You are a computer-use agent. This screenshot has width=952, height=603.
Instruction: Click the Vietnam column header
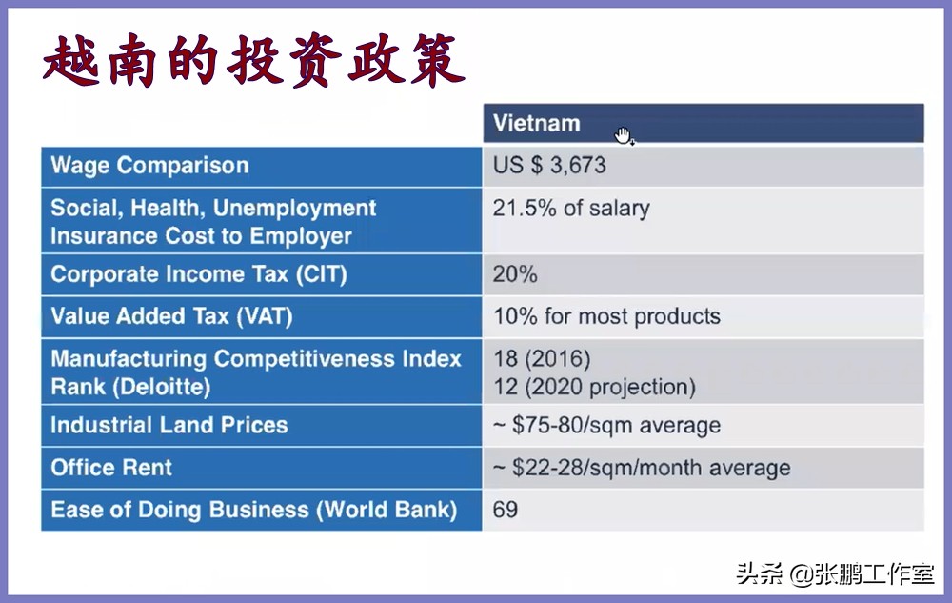(x=536, y=124)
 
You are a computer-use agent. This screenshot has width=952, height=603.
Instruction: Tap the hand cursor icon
(x=624, y=135)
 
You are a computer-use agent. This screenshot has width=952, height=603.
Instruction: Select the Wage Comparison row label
(x=149, y=166)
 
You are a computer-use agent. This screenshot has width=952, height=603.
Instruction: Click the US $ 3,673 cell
(x=549, y=166)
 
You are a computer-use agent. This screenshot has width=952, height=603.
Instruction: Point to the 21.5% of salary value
(x=571, y=209)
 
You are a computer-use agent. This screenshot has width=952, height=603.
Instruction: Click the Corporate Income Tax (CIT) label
(x=198, y=274)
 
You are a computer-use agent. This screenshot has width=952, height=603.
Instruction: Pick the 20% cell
(x=515, y=274)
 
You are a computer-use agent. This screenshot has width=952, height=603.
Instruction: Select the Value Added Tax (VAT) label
(x=171, y=316)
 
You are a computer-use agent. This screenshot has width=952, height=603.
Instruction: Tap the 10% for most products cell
(x=606, y=316)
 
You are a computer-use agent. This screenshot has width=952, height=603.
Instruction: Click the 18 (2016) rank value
(x=542, y=359)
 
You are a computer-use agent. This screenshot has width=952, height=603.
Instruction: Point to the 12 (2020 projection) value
(x=594, y=387)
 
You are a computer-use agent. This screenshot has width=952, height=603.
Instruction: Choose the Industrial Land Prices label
(x=169, y=425)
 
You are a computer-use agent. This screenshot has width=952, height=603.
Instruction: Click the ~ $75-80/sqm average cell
(x=606, y=426)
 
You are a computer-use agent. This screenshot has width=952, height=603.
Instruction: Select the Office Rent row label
(x=111, y=468)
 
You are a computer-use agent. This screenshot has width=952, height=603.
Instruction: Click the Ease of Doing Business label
(x=253, y=510)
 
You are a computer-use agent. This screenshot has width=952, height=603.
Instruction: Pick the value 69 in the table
(x=506, y=510)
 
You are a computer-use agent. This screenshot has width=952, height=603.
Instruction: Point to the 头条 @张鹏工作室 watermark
(x=834, y=574)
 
